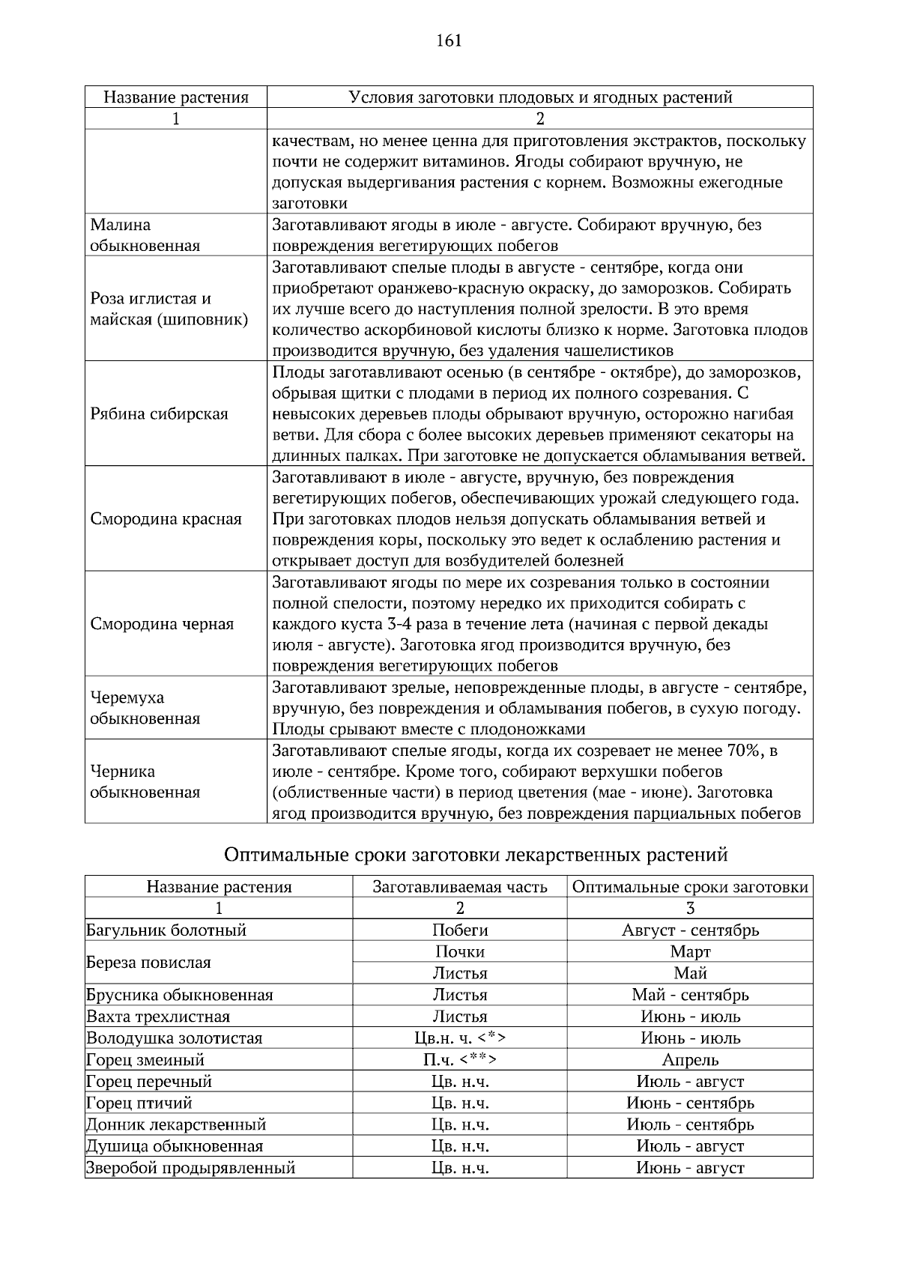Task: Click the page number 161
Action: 449,41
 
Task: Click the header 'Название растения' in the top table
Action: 175,97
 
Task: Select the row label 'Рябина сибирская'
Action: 159,414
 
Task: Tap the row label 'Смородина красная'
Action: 166,519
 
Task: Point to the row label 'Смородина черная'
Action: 162,624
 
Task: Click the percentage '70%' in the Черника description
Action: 745,751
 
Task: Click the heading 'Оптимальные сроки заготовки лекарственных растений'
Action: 476,855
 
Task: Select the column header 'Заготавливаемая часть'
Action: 460,887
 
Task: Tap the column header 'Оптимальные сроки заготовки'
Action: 690,887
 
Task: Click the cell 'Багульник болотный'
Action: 166,930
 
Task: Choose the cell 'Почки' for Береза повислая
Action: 460,952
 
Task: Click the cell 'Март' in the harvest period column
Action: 690,952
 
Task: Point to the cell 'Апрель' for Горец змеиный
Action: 690,1060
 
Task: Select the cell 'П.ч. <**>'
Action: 460,1060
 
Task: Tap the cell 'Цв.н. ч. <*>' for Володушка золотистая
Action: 460,1038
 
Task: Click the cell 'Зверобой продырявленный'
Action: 190,1168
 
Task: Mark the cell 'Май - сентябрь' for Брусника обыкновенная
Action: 690,996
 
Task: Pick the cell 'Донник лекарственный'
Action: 176,1124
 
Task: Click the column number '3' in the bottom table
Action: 690,909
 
